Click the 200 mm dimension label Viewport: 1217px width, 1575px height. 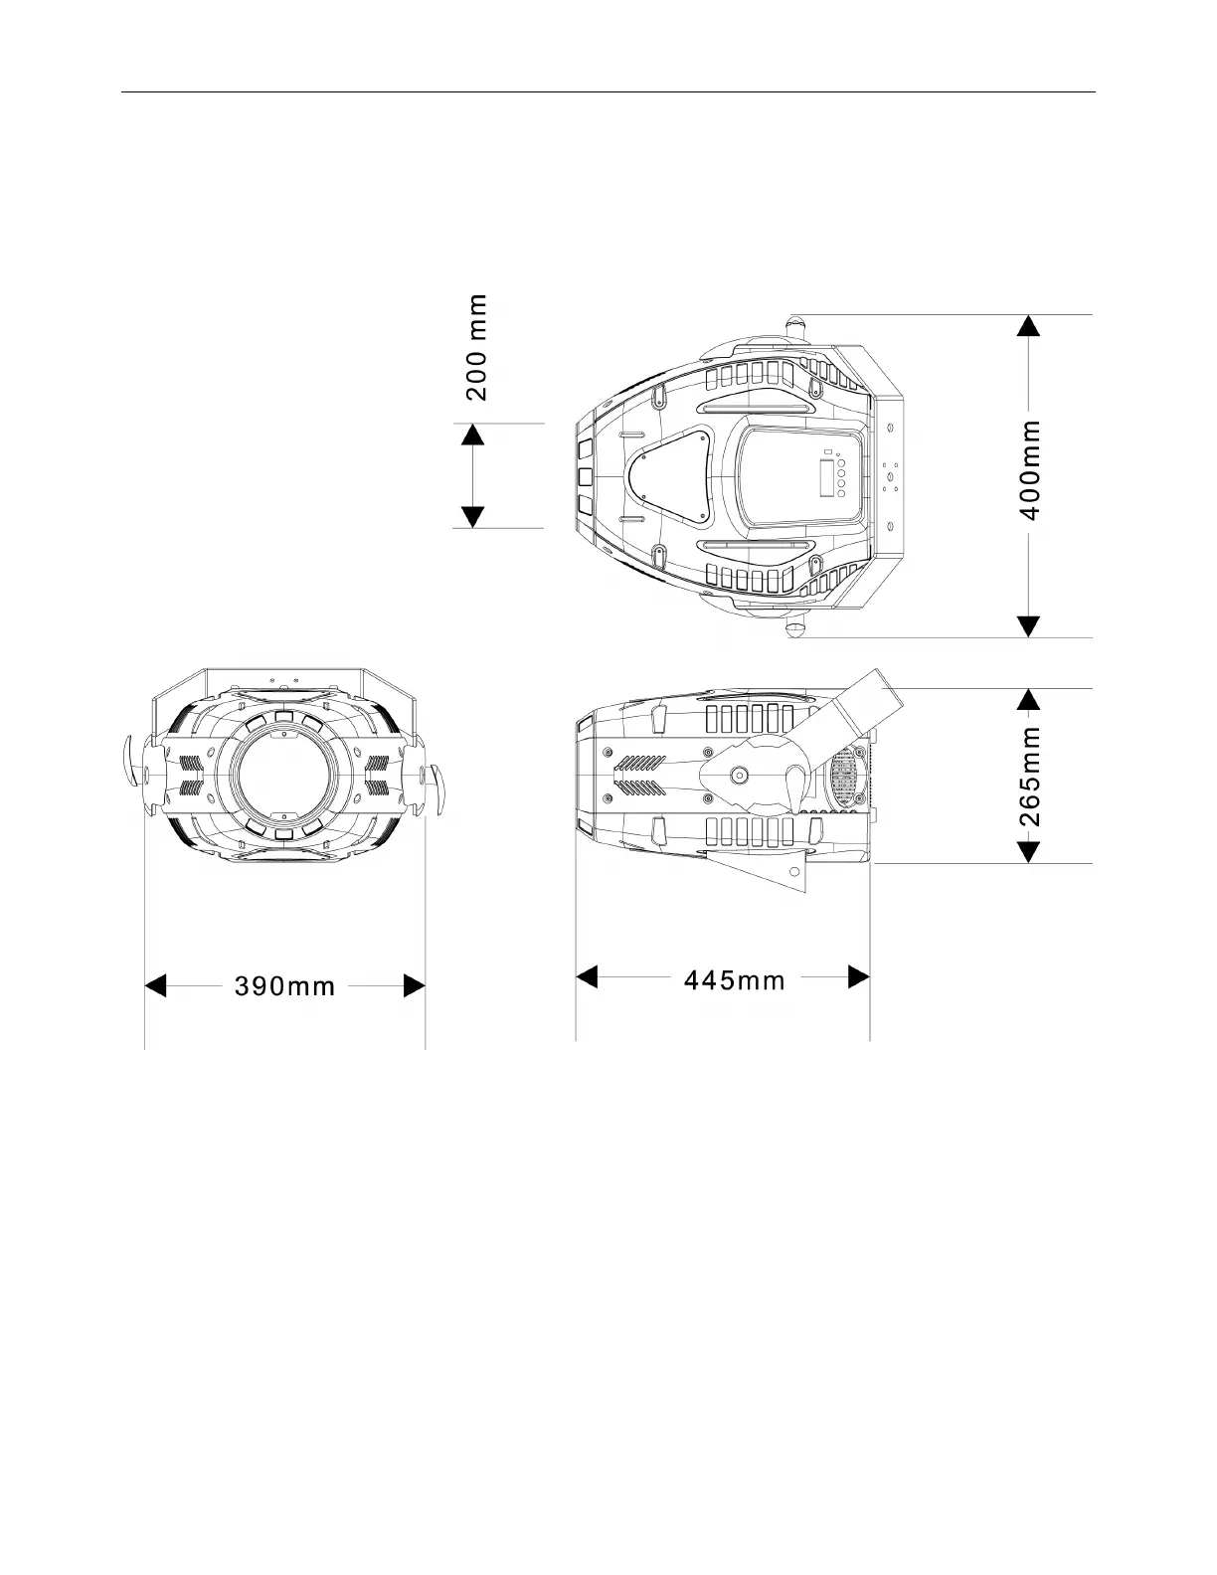pos(476,347)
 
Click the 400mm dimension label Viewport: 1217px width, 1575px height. pos(1029,469)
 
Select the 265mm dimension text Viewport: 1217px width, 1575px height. pos(1029,777)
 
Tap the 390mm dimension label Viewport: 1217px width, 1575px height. pos(284,986)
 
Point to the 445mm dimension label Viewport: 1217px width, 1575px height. pos(734,980)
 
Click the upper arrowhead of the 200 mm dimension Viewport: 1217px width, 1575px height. pos(472,435)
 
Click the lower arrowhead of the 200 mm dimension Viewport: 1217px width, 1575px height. pos(472,517)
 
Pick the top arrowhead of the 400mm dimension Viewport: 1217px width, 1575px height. pos(1028,325)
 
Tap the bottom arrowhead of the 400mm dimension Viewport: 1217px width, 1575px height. pos(1028,627)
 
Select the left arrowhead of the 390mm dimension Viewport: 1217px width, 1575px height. pos(155,985)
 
